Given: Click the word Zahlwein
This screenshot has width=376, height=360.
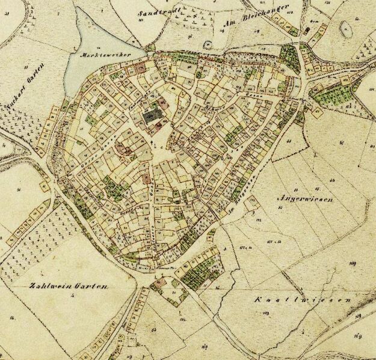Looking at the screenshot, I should coord(48,286).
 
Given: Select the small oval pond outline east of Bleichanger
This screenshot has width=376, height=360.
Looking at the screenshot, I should coord(347,28).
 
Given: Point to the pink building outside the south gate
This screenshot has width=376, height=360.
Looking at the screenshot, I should coord(159,281).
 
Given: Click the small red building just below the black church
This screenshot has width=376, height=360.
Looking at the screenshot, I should coord(158,126).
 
